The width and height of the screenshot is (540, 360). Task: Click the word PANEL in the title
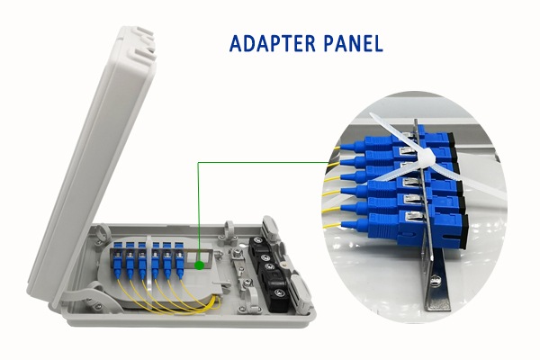pyautogui.click(x=352, y=43)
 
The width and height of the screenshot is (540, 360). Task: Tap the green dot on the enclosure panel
pyautogui.click(x=198, y=265)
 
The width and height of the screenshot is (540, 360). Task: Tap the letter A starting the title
pyautogui.click(x=237, y=43)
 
